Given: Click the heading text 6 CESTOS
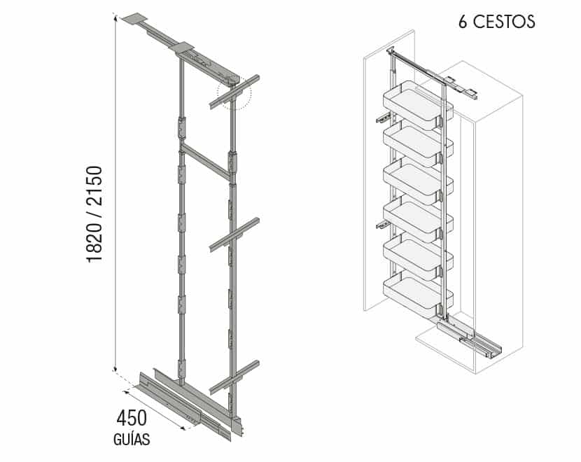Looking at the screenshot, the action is pos(497,22).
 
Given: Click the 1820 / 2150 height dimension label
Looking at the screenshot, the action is pos(94,214).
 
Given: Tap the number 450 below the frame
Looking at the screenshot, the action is pos(132,419).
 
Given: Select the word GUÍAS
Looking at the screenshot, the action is pos(132,439).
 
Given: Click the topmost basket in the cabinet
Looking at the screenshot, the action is pos(418,105).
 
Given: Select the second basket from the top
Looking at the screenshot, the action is pos(418,146).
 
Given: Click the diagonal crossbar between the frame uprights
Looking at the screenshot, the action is pos(206,160).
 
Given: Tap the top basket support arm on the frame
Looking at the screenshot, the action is pos(234,92).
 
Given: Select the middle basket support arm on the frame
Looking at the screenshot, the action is pos(234,235).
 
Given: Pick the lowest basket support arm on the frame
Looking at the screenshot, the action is pos(234,377).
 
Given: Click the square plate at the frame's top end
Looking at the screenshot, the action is pos(135,18).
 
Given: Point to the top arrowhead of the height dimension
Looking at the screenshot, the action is pos(115,18).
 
